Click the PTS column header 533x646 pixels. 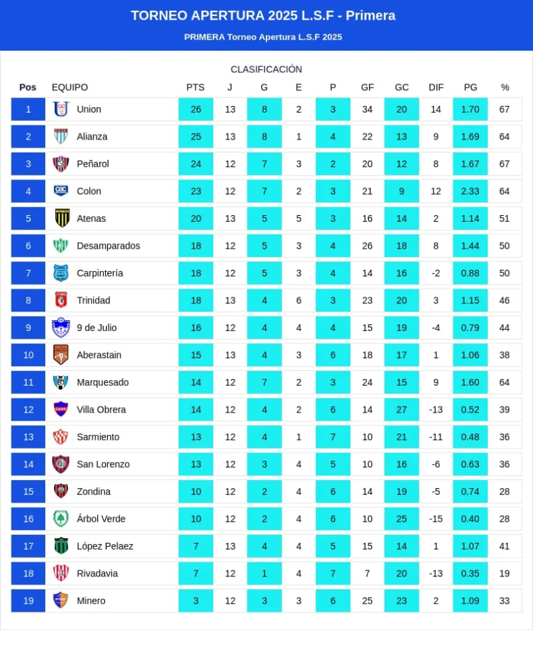click(x=195, y=87)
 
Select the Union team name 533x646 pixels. click(x=89, y=109)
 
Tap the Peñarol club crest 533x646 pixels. click(x=61, y=164)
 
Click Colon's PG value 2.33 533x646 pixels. click(x=470, y=191)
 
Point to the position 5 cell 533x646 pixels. click(x=28, y=218)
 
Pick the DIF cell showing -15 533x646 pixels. click(x=436, y=519)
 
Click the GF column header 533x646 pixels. click(x=367, y=87)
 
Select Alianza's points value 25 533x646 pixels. click(x=196, y=136)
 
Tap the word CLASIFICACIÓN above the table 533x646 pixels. click(x=266, y=69)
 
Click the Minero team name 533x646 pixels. click(x=91, y=601)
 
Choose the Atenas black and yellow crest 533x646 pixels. click(x=61, y=218)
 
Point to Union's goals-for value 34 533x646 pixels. click(x=367, y=109)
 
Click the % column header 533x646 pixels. click(x=505, y=87)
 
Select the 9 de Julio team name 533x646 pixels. click(x=96, y=328)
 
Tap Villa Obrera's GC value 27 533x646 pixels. click(x=401, y=409)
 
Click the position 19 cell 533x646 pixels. click(x=28, y=601)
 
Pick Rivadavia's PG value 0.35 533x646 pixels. click(x=470, y=573)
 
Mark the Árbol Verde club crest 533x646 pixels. click(x=61, y=519)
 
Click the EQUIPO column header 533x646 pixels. click(x=69, y=87)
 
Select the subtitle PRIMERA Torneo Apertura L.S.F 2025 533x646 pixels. click(x=263, y=37)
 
